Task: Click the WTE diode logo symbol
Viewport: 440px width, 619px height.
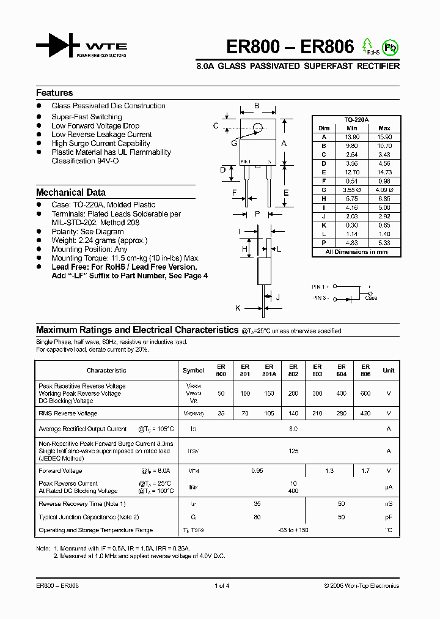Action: (x=58, y=46)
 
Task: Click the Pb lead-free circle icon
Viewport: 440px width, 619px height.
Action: (x=389, y=46)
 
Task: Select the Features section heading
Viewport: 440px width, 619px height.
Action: (x=54, y=93)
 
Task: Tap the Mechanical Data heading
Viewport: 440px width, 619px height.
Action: (x=71, y=192)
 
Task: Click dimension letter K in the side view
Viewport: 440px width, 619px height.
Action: (x=238, y=308)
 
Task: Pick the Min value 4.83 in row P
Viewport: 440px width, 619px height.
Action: (x=351, y=242)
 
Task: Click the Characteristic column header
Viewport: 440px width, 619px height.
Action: (x=106, y=370)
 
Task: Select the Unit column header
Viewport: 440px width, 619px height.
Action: (x=389, y=370)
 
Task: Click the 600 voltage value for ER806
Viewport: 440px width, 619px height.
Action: (x=365, y=394)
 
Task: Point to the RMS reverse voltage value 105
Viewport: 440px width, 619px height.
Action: (x=269, y=413)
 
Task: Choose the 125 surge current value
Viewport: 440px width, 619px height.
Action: (x=293, y=451)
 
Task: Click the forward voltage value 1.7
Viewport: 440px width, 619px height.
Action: (x=365, y=471)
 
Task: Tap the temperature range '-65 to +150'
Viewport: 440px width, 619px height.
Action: (x=293, y=530)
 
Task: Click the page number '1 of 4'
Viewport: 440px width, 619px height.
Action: (x=222, y=585)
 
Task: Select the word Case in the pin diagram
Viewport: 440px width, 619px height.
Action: (x=371, y=298)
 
